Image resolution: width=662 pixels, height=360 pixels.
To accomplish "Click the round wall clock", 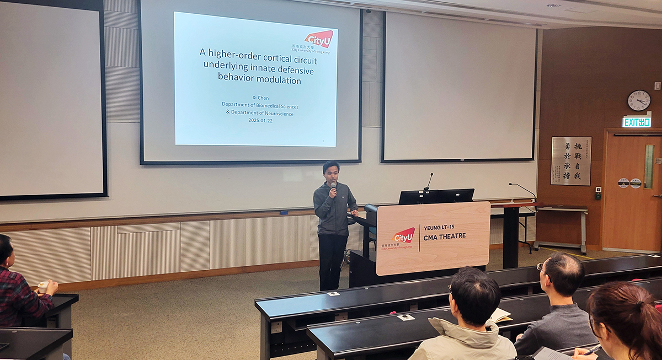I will (x=639, y=100).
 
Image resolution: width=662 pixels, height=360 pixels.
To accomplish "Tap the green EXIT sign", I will (x=637, y=122).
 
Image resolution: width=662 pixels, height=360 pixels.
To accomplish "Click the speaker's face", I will (x=331, y=172).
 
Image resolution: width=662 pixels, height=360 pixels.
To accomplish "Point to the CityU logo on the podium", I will (x=403, y=236).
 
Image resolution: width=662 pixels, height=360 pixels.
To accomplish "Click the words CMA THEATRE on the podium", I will (x=445, y=236).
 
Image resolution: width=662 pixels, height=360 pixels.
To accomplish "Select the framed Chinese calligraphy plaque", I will (x=571, y=161).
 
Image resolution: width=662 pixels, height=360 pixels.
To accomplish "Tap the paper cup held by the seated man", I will (x=43, y=287).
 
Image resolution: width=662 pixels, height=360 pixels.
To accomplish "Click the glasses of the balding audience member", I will (x=542, y=269).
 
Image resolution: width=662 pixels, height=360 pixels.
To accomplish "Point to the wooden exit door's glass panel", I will (x=649, y=166).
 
